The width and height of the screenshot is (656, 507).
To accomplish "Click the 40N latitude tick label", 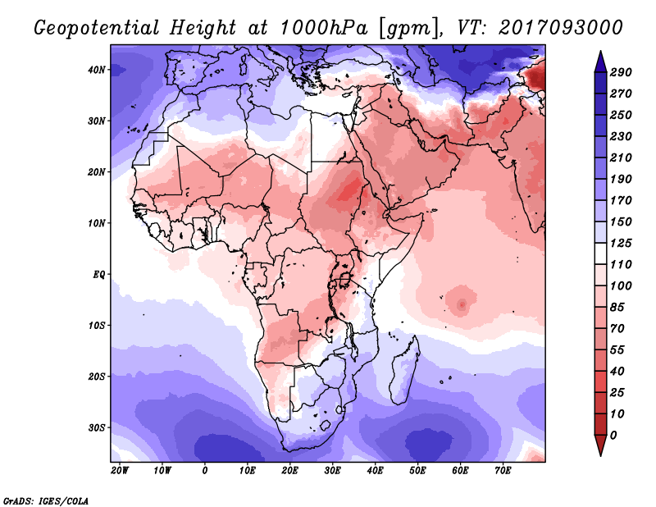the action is pyautogui.click(x=97, y=70).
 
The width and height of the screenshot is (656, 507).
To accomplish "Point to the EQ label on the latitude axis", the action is pyautogui.click(x=98, y=275).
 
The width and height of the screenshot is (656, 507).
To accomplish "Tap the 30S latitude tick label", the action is pyautogui.click(x=97, y=428).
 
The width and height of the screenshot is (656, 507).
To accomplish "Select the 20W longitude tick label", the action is pyautogui.click(x=120, y=471).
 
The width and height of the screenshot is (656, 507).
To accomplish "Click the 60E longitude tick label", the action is pyautogui.click(x=460, y=471).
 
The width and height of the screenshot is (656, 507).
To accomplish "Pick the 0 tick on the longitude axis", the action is pyautogui.click(x=204, y=471).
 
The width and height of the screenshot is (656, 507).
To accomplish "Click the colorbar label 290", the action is pyautogui.click(x=621, y=72).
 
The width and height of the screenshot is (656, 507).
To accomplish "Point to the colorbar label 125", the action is pyautogui.click(x=621, y=243).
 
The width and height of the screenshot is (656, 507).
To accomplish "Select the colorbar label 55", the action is pyautogui.click(x=617, y=349).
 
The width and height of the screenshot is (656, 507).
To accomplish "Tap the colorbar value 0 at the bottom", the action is pyautogui.click(x=613, y=435).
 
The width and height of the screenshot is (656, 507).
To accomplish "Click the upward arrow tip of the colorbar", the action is pyautogui.click(x=600, y=52).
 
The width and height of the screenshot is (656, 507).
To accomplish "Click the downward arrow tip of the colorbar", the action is pyautogui.click(x=600, y=455).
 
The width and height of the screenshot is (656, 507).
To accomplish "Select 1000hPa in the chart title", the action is pyautogui.click(x=324, y=28).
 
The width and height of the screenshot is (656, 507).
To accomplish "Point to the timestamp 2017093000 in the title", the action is pyautogui.click(x=561, y=28).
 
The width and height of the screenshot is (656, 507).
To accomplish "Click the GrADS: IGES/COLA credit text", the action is pyautogui.click(x=46, y=500).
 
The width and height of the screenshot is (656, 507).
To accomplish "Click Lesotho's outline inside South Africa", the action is pyautogui.click(x=325, y=426).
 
